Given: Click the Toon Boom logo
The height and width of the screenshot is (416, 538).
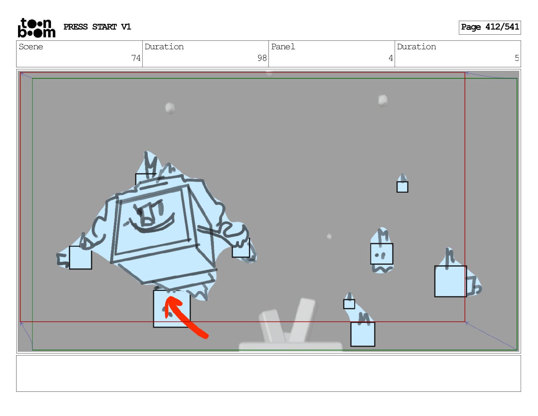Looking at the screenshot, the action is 37,28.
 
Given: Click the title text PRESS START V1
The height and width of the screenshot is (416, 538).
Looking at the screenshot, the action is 97,27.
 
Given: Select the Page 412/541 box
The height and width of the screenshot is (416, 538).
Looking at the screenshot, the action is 489,28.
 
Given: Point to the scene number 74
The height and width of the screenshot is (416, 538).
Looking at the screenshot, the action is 136,58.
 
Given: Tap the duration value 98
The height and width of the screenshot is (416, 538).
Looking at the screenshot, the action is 262,58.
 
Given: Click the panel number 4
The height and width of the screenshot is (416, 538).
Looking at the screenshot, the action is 391,58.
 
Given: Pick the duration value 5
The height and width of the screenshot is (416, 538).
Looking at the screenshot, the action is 517,58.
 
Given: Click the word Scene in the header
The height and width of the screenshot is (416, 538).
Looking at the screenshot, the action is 31,47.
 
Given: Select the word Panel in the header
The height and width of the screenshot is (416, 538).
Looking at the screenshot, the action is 283,47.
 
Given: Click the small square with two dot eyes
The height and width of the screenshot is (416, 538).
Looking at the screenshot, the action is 381,254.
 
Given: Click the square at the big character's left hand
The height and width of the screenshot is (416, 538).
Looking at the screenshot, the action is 80,257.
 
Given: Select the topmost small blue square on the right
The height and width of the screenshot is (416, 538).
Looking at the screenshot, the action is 402,187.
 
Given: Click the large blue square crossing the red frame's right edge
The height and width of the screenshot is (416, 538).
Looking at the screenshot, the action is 451,281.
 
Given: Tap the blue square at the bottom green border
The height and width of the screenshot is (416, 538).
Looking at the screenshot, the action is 363,334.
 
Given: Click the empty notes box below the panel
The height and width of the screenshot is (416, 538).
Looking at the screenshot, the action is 269,374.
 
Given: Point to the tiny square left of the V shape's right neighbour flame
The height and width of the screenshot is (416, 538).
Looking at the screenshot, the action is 349,304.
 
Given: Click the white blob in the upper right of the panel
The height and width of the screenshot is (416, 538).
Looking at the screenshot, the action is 383,100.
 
